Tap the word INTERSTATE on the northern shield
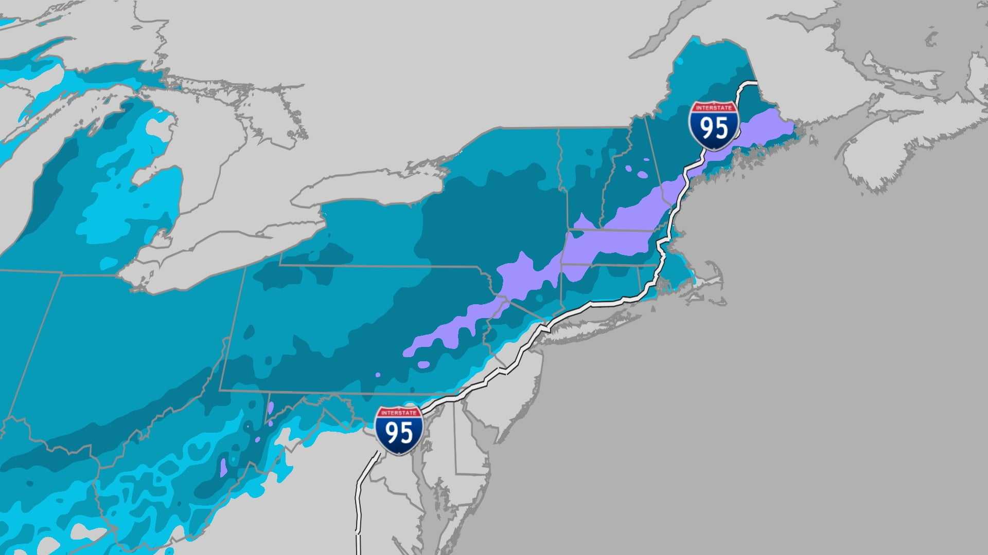coord(714,108)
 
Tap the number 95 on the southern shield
coord(399,433)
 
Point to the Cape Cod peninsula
coord(713,280)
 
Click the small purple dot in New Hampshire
coord(643,175)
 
